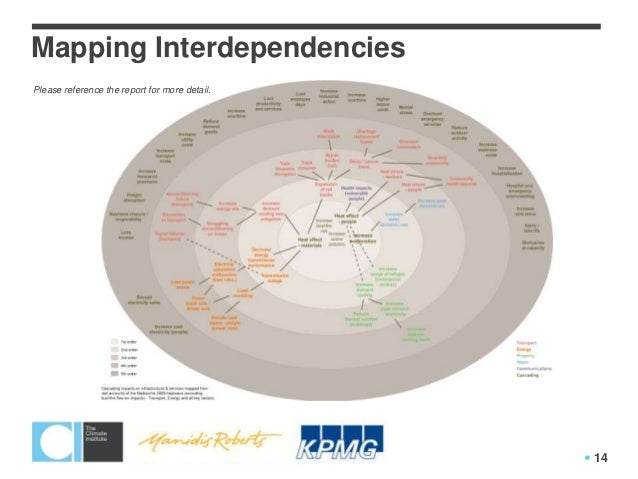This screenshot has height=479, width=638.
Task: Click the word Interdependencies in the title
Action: [x=275, y=48]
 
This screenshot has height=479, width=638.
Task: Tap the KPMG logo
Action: [x=339, y=441]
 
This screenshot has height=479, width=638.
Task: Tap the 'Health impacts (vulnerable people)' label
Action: [x=356, y=192]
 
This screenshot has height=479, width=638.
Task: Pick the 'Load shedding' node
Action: [x=241, y=292]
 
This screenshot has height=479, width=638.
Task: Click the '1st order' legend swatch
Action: [x=113, y=341]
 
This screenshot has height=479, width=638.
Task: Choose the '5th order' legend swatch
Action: [x=113, y=372]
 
